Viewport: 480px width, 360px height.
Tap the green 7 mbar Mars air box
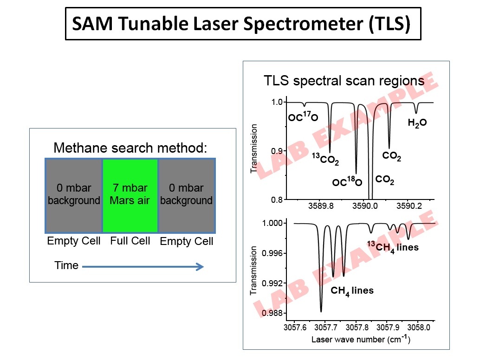point(130,195)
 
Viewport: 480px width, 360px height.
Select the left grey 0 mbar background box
point(74,195)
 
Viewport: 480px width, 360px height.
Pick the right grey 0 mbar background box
point(186,195)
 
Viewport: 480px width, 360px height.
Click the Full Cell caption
point(130,241)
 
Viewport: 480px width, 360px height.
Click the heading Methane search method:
point(130,148)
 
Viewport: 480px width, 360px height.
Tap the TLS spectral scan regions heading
point(344,81)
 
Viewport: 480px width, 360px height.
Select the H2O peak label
point(417,123)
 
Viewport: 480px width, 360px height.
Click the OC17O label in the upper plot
point(303,117)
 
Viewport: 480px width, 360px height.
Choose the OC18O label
point(347,182)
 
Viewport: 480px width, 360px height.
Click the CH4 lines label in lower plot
point(352,291)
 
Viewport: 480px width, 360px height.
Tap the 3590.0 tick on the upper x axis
point(367,207)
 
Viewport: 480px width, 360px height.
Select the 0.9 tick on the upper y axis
point(277,151)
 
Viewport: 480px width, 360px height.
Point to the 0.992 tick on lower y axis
point(273,283)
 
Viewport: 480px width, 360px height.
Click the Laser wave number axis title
point(361,339)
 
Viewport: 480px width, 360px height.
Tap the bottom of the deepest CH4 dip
point(321,311)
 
